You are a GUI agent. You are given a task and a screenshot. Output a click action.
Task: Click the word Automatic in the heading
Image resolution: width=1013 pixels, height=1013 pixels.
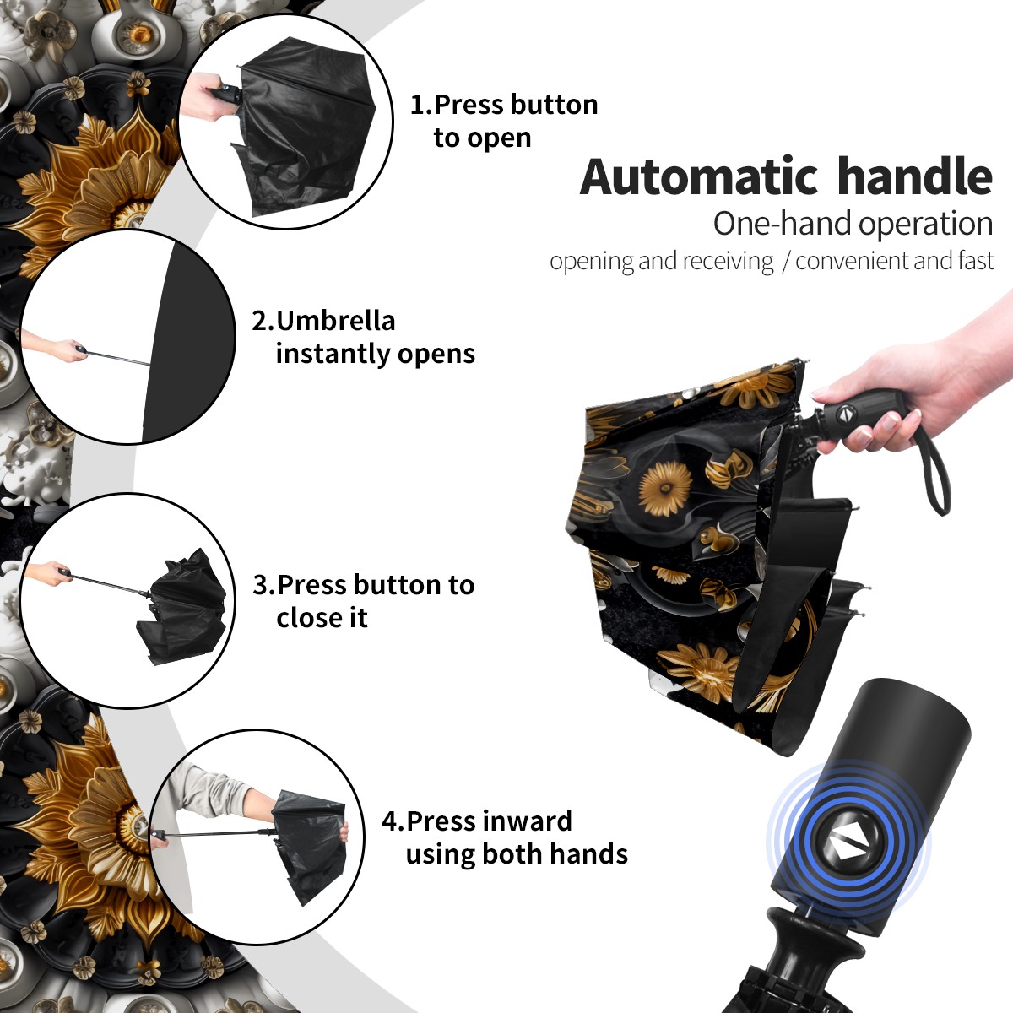[x=699, y=176]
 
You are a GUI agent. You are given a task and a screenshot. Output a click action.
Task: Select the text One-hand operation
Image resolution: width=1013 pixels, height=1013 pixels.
[x=853, y=224]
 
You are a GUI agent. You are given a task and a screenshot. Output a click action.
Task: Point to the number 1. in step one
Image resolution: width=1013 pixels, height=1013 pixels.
[x=421, y=105]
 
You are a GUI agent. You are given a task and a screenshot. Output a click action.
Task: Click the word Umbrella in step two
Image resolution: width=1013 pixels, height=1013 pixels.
[x=335, y=321]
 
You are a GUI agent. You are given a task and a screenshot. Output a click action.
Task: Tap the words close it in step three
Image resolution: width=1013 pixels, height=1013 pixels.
[x=322, y=617]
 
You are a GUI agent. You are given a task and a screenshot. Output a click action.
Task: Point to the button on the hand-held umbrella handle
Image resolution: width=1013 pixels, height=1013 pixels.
[x=846, y=413]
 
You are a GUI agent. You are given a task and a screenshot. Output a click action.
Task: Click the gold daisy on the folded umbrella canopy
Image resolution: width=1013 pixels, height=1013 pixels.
[x=665, y=489]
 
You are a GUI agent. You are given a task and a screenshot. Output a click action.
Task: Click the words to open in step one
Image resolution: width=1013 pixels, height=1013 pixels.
[x=482, y=138]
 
